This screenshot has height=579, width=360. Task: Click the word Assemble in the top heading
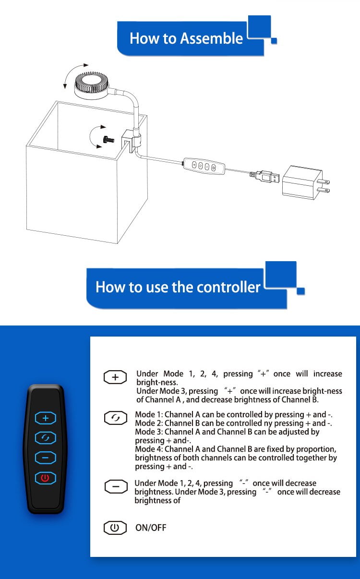click(211, 38)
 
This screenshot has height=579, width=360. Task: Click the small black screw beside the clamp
click(108, 140)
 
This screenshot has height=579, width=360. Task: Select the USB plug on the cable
click(264, 177)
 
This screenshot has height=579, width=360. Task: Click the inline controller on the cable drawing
click(204, 166)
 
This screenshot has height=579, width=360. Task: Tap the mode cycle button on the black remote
click(46, 438)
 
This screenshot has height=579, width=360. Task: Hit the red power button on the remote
click(46, 478)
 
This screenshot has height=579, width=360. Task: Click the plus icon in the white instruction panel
click(115, 377)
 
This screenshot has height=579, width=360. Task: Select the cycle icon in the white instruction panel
click(116, 418)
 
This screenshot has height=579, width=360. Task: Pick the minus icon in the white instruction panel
click(116, 486)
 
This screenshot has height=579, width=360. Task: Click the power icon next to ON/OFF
click(115, 528)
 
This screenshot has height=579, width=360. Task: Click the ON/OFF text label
click(151, 528)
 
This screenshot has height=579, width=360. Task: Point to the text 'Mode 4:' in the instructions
click(149, 449)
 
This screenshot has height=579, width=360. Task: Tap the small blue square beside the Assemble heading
click(274, 41)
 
